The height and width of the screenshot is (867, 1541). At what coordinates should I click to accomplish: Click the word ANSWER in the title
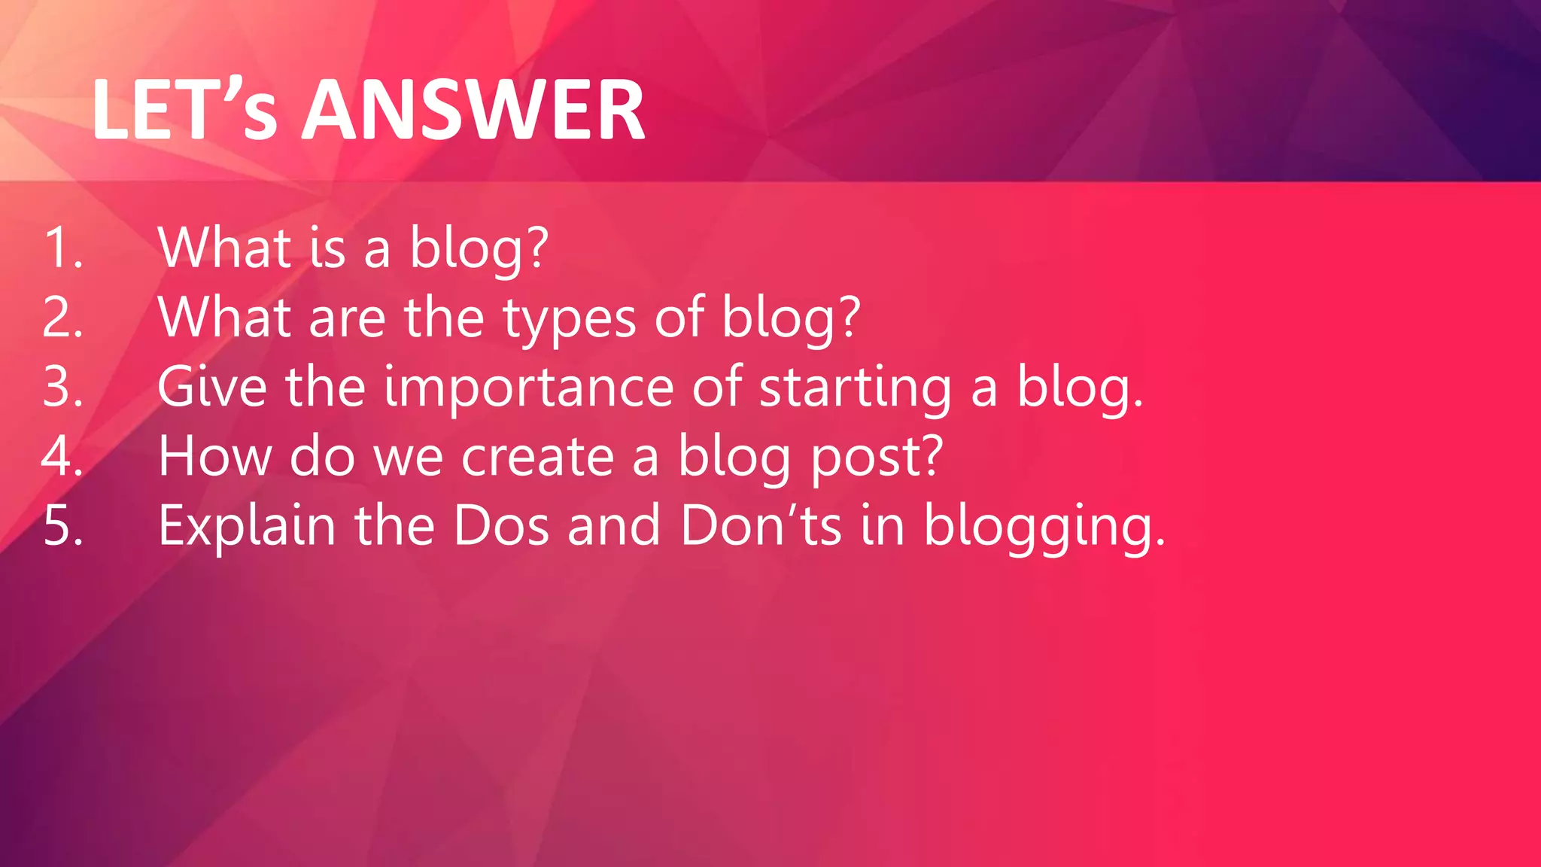(473, 111)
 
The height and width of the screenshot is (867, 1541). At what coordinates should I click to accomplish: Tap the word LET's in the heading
(184, 111)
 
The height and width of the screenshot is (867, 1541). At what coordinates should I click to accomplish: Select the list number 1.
(62, 248)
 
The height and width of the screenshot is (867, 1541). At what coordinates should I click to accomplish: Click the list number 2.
(62, 317)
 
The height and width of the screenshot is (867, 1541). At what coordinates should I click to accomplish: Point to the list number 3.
(62, 387)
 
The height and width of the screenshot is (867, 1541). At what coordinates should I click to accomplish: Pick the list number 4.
(62, 456)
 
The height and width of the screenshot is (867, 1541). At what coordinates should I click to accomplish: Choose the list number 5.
(62, 525)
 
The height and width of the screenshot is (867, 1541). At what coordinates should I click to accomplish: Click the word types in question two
(569, 320)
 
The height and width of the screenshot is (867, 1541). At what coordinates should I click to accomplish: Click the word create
(537, 458)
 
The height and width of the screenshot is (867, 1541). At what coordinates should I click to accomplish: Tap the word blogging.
(1044, 527)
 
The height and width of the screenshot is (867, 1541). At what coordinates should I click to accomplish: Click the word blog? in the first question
(479, 249)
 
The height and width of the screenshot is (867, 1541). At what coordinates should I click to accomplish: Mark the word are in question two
(347, 318)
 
